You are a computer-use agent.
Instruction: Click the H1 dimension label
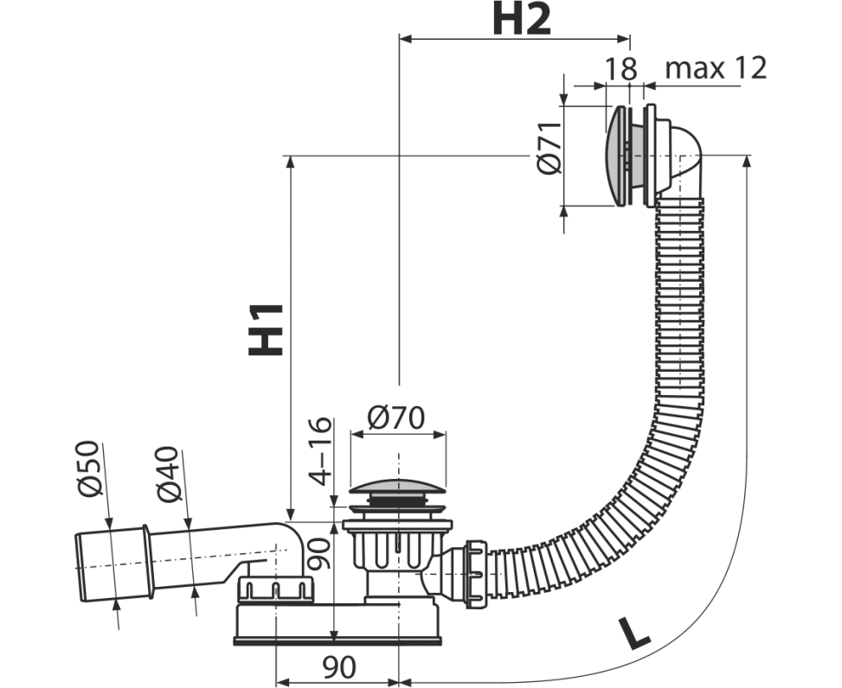point(266,329)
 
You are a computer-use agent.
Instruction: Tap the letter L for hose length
point(633,634)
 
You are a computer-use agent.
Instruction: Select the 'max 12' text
point(716,68)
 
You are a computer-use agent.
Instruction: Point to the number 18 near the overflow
point(620,68)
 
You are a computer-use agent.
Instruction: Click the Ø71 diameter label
point(549,148)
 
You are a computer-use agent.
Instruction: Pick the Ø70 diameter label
point(396,417)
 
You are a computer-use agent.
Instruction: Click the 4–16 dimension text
point(321,450)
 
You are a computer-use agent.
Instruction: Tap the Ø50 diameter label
point(88,468)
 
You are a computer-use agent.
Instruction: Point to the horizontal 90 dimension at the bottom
point(339,667)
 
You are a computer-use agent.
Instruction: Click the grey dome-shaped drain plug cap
point(397,486)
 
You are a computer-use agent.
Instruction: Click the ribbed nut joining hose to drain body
point(476,574)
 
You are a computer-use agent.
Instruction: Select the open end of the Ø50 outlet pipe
point(78,567)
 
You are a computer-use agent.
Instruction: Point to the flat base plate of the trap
point(337,640)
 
